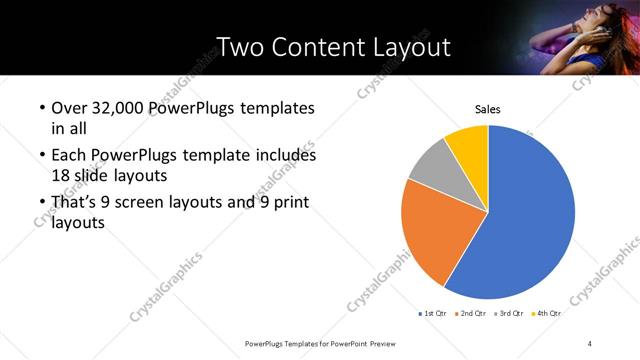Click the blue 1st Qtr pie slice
pos(530,215)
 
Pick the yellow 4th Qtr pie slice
pos(468,145)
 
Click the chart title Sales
pos(487,109)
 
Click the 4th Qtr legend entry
pos(548,313)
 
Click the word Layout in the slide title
pos(404,47)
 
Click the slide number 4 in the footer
pos(590,343)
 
